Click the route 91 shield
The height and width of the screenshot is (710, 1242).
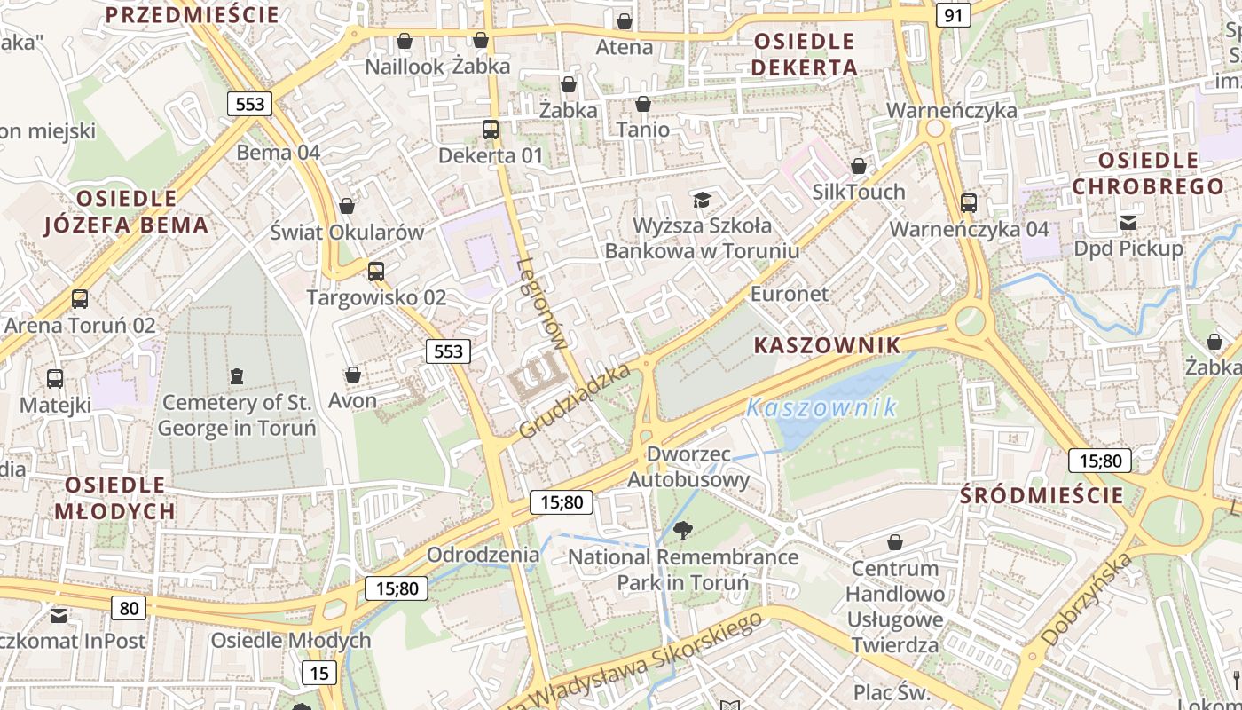click(953, 15)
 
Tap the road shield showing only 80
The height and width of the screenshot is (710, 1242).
click(129, 608)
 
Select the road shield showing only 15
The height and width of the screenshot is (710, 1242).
click(318, 673)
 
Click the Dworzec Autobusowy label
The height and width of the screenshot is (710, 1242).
click(688, 467)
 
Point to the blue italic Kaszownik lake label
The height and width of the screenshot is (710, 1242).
click(821, 408)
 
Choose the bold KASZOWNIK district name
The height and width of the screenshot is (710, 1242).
click(827, 346)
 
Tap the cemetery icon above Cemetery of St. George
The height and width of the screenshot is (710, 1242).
click(236, 377)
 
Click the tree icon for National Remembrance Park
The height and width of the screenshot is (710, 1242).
click(682, 532)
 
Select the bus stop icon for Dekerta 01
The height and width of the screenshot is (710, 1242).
click(491, 130)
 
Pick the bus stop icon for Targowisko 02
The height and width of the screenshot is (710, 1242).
click(376, 272)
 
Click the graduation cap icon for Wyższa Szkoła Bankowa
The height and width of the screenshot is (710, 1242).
click(702, 200)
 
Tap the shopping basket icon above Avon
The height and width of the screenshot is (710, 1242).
click(353, 375)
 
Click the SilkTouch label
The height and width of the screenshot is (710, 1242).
click(859, 192)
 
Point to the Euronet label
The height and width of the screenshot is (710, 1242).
click(790, 294)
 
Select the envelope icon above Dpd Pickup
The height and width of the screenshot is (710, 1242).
click(1128, 222)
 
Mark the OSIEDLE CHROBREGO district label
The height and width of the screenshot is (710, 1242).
click(1148, 174)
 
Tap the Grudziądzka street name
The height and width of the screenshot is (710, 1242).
click(574, 400)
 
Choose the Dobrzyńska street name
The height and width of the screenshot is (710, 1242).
click(1087, 599)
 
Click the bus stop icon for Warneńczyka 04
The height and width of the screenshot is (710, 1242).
click(969, 202)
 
